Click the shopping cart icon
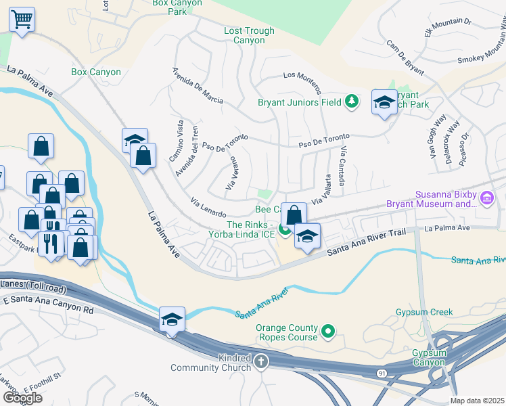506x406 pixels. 22,19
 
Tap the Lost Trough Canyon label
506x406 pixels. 249,36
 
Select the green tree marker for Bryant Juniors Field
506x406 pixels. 351,102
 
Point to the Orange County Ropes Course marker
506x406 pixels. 328,332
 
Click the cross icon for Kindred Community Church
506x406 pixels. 262,363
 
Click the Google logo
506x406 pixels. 22,397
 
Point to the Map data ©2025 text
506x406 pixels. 478,401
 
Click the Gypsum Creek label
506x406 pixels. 424,313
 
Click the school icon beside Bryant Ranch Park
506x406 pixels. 384,104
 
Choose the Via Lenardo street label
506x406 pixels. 208,206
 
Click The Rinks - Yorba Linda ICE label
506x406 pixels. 251,230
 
